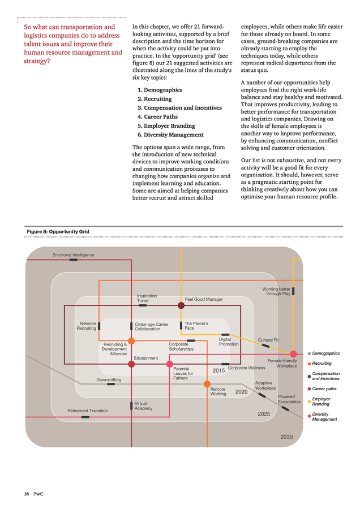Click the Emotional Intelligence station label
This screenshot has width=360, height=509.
pyautogui.click(x=73, y=255)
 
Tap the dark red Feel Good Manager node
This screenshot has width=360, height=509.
pyautogui.click(x=181, y=305)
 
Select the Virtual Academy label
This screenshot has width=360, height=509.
pyautogui.click(x=143, y=406)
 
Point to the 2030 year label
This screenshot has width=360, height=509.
pyautogui.click(x=286, y=437)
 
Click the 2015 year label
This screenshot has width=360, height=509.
pyautogui.click(x=218, y=370)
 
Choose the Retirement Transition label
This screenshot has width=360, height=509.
pyautogui.click(x=88, y=411)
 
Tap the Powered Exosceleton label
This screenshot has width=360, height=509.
pyautogui.click(x=289, y=399)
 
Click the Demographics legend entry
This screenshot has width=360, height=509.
pyautogui.click(x=326, y=353)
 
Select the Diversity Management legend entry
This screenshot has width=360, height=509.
pyautogui.click(x=324, y=416)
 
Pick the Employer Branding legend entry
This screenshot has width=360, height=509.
pyautogui.click(x=321, y=401)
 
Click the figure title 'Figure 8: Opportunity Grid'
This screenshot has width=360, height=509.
pyautogui.click(x=58, y=231)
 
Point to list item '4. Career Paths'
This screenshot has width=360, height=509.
pyautogui.click(x=157, y=117)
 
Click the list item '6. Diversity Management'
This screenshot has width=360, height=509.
pyautogui.click(x=170, y=135)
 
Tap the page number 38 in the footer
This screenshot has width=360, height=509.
pyautogui.click(x=26, y=494)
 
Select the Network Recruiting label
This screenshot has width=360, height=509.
pyautogui.click(x=87, y=326)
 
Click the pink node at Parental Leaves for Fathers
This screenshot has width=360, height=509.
pyautogui.click(x=170, y=364)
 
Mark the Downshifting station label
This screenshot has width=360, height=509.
pyautogui.click(x=109, y=380)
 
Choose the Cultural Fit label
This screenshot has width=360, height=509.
pyautogui.click(x=268, y=340)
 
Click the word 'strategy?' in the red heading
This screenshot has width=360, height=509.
pyautogui.click(x=37, y=61)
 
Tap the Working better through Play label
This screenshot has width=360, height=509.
pyautogui.click(x=276, y=291)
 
